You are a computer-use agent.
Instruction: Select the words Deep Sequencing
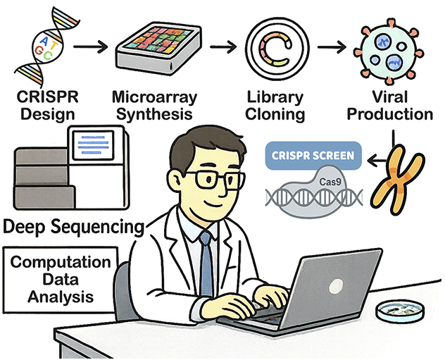74,227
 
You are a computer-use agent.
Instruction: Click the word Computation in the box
61,263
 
